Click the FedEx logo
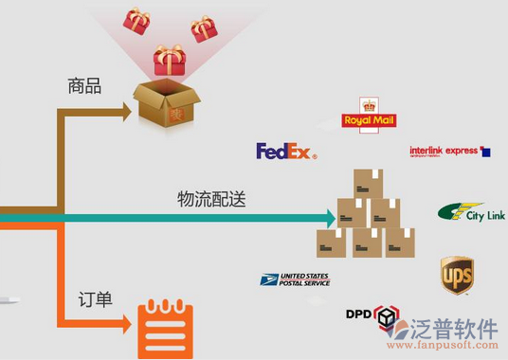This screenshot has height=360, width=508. pos(285,152)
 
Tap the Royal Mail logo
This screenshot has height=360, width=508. pos(369,117)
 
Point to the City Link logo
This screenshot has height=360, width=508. pos(471,213)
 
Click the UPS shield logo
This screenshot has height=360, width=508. pos(457,275)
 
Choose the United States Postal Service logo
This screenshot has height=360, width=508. pos(295,279)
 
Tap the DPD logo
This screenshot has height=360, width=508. pos(371,316)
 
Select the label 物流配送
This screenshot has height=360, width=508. pos(212,200)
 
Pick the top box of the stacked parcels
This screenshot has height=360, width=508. pos(368,184)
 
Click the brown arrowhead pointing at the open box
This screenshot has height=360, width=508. pos(125,112)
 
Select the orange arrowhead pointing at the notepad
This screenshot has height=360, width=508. pos(125,325)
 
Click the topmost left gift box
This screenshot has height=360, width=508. pos(136,21)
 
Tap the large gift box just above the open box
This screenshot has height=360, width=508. pos(169,60)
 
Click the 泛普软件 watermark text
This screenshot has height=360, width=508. pos(459,329)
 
